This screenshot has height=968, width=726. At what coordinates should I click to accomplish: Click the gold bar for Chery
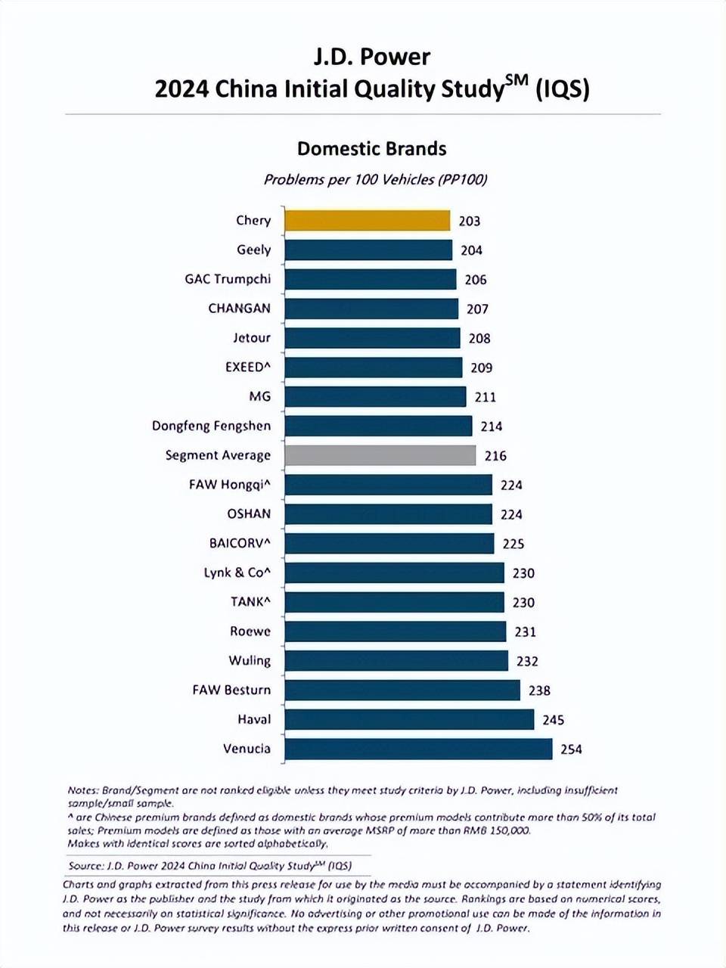pos(368,221)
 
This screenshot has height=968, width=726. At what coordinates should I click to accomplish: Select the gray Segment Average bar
pos(380,455)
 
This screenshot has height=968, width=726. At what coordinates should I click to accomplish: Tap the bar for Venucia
pos(418,749)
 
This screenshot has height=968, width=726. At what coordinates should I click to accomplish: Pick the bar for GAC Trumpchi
pos(371,279)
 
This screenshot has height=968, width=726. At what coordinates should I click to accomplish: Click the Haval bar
pos(409,719)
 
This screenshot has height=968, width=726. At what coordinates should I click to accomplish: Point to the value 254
pos(571,749)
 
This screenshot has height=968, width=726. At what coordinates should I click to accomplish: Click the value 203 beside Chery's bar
pos(470,221)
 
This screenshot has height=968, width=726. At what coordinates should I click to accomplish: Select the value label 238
pos(539,690)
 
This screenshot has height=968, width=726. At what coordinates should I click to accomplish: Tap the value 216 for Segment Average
pos(495,455)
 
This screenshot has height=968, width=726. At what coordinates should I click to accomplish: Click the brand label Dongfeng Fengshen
pos(211,427)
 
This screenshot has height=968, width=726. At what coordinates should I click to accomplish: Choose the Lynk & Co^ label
pos(237,573)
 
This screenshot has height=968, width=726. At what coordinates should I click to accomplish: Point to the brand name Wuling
pos(250,661)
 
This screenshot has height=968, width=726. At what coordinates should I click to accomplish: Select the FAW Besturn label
pos(231,690)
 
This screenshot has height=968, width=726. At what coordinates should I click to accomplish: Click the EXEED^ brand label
pos(248,367)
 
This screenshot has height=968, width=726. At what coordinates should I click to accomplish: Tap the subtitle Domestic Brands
pos(371,149)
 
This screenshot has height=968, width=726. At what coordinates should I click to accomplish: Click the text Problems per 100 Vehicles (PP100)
pos(376,180)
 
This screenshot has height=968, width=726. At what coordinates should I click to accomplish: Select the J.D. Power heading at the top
pos(371,57)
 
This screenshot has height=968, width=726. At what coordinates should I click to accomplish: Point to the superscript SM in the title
pos(517,81)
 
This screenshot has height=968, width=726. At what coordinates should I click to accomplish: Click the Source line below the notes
pos(210,866)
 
